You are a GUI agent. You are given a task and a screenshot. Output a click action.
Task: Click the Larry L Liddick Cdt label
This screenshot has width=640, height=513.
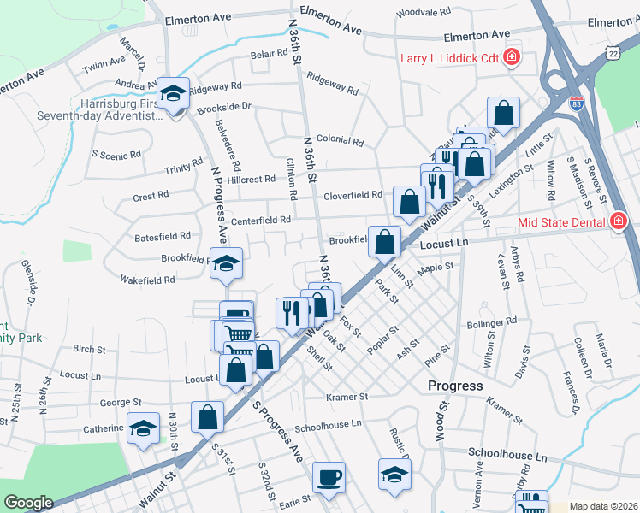[448, 58]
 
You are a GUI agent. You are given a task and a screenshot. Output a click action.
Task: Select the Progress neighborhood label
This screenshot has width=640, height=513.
[455, 386]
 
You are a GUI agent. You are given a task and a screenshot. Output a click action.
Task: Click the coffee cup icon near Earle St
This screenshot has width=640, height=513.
[329, 477]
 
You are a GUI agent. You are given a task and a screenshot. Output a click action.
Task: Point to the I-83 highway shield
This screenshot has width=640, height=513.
[578, 104]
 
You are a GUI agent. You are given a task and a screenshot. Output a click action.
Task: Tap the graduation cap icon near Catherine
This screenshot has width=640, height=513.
[143, 428]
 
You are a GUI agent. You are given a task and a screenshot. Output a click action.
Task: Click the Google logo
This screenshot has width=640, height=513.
[27, 503]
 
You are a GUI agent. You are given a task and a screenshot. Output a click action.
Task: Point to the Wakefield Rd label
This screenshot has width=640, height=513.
[147, 280]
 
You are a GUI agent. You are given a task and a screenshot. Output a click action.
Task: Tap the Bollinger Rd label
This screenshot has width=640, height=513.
[492, 322]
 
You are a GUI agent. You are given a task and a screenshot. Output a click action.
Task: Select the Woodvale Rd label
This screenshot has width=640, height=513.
[424, 13]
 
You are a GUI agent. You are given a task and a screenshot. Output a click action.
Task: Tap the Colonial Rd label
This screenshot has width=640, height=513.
[340, 140]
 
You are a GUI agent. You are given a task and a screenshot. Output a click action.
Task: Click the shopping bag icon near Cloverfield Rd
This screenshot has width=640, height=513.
[410, 201]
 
